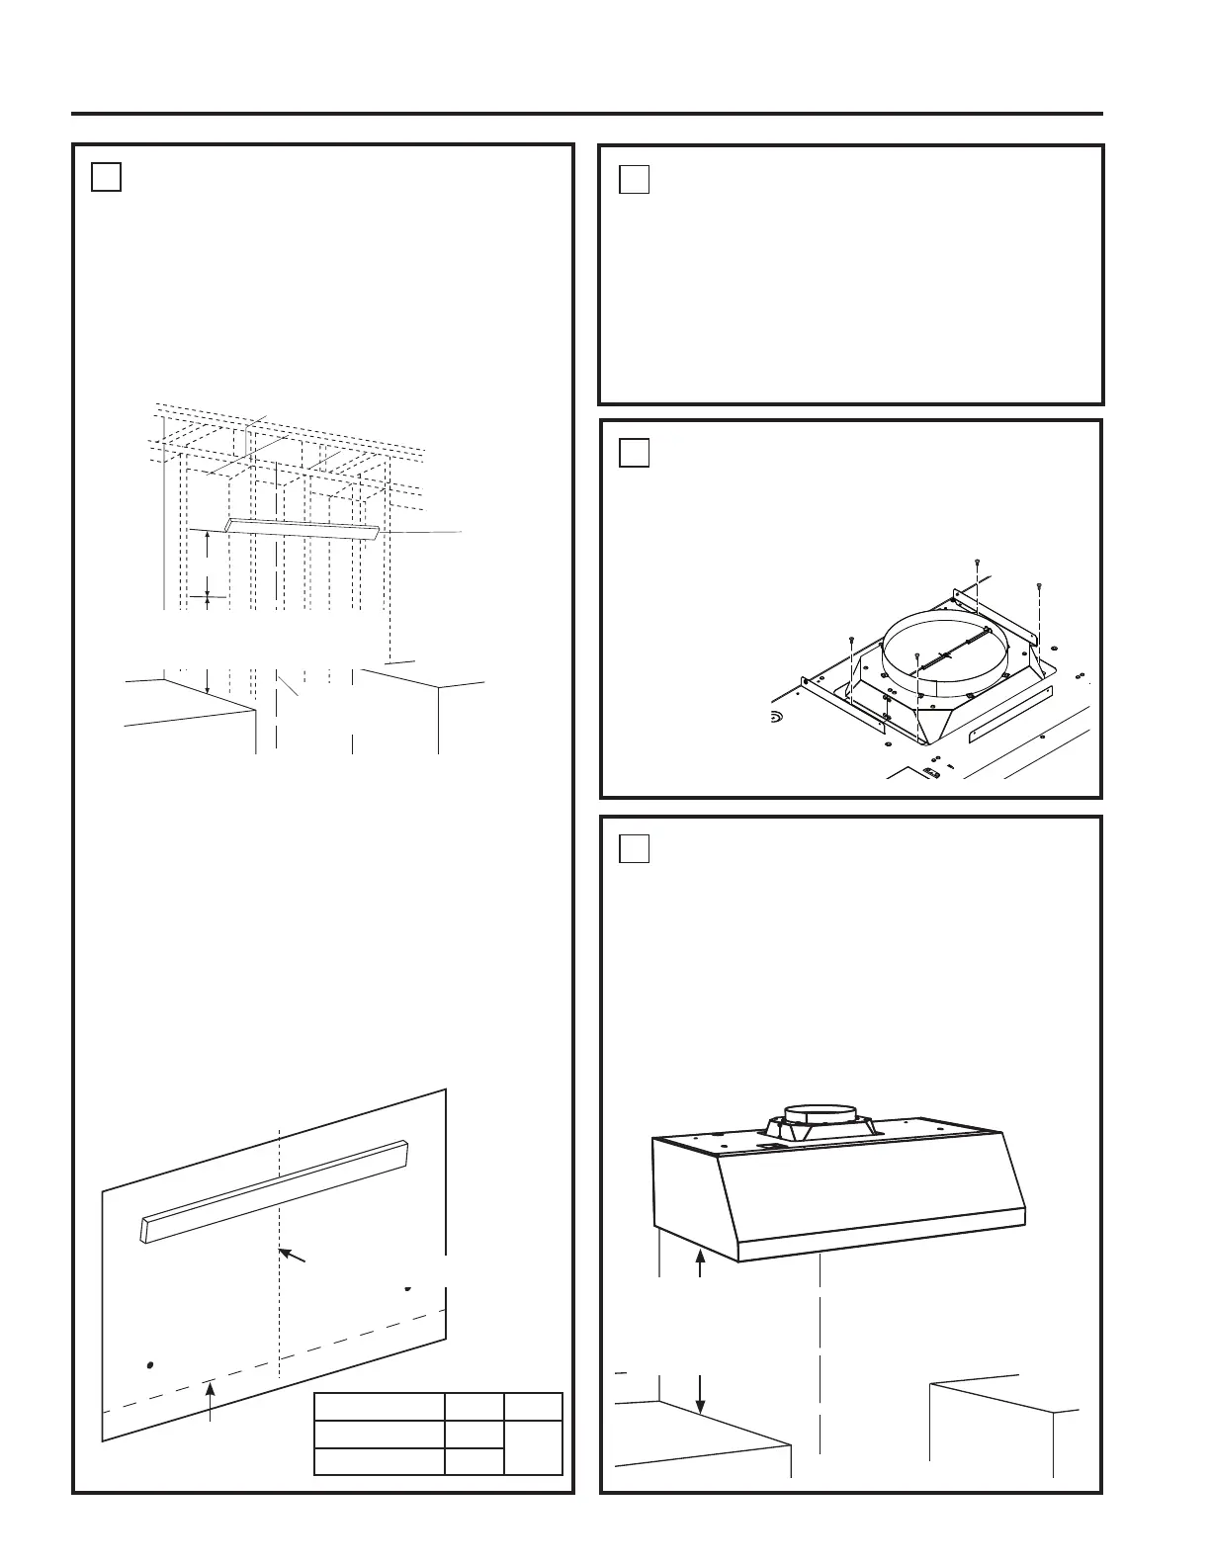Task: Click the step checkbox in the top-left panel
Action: pos(106,176)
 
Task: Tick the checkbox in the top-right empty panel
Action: pos(635,179)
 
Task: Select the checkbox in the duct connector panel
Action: pos(635,452)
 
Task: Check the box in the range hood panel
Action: pos(635,848)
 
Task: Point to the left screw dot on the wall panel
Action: pos(149,1365)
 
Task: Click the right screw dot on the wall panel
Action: pos(407,1288)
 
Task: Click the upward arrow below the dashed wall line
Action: pos(211,1400)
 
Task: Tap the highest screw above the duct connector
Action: pos(977,563)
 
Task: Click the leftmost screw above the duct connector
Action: pos(851,641)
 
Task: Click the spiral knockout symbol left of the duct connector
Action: pos(779,715)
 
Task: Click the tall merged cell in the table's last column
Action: pos(533,1448)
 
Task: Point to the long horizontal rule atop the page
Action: pos(586,114)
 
